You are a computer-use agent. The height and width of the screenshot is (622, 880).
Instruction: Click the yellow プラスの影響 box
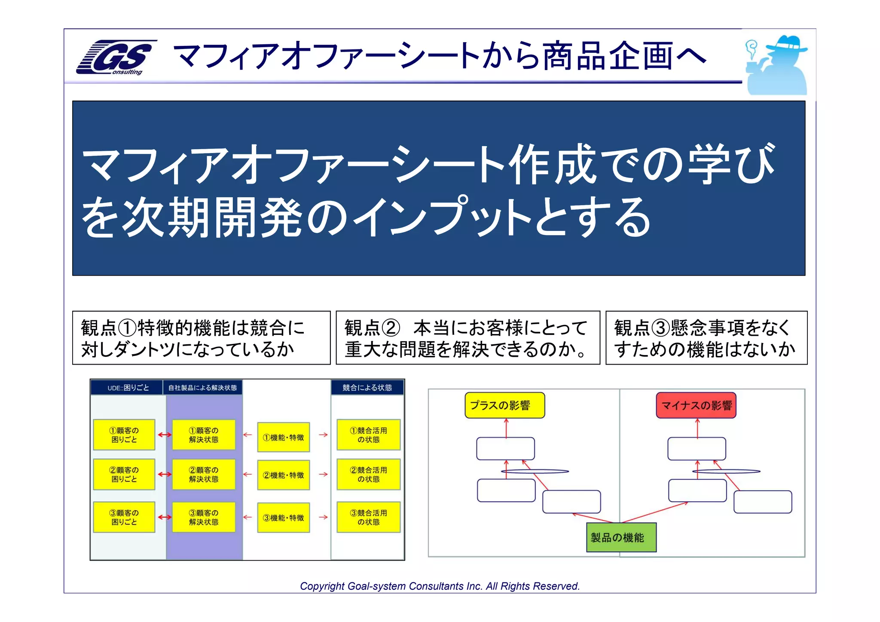click(504, 405)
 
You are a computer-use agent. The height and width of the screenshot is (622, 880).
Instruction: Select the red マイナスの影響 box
click(696, 405)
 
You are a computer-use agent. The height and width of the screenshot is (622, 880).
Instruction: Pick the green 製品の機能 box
click(621, 537)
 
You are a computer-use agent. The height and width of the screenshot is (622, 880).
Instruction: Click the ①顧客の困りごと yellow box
click(124, 435)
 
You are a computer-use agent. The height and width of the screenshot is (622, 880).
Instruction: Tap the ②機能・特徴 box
click(283, 475)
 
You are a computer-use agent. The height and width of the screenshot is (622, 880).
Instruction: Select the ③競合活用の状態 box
click(368, 517)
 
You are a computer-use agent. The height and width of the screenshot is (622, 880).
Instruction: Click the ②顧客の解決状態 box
click(204, 475)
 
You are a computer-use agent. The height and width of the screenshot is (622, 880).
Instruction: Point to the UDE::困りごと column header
click(128, 388)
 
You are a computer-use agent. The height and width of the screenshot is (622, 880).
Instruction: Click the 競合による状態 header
click(367, 388)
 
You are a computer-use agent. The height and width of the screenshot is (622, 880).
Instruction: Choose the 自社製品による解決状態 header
click(202, 388)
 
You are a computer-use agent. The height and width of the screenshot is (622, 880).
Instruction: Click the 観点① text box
click(201, 338)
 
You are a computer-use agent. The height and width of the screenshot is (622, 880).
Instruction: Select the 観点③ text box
click(706, 338)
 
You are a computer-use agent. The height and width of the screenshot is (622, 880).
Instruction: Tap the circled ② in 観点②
click(391, 328)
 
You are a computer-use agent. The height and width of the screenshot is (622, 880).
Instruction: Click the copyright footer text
click(440, 586)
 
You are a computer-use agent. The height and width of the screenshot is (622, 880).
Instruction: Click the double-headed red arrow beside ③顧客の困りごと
click(164, 517)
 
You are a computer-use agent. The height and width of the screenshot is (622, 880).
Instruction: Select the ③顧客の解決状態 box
click(204, 517)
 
